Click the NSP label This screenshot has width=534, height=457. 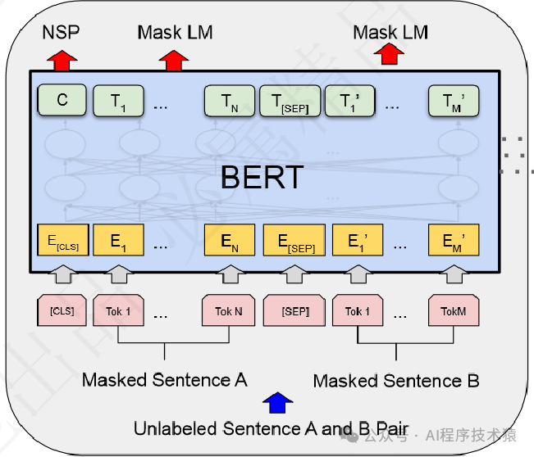tap(62, 32)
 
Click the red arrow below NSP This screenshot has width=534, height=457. tap(62, 60)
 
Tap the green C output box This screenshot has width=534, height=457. tap(62, 101)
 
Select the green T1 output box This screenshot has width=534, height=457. tap(118, 101)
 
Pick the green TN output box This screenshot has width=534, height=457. tap(229, 101)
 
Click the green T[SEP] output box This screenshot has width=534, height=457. tap(289, 101)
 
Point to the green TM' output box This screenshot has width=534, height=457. tap(452, 101)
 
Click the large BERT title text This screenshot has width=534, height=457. tap(262, 177)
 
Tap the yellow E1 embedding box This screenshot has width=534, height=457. tap(118, 240)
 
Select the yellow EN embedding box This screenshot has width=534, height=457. tap(229, 240)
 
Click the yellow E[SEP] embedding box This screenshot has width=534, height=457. tap(294, 240)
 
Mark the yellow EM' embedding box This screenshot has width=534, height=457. tap(452, 240)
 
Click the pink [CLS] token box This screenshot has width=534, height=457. tap(62, 311)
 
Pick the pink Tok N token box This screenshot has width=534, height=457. tap(229, 311)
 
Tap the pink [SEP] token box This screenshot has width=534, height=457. tap(294, 311)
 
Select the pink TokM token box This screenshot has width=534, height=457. tap(452, 311)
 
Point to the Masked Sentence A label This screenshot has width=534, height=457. tap(164, 380)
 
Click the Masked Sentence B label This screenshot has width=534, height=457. tap(396, 381)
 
